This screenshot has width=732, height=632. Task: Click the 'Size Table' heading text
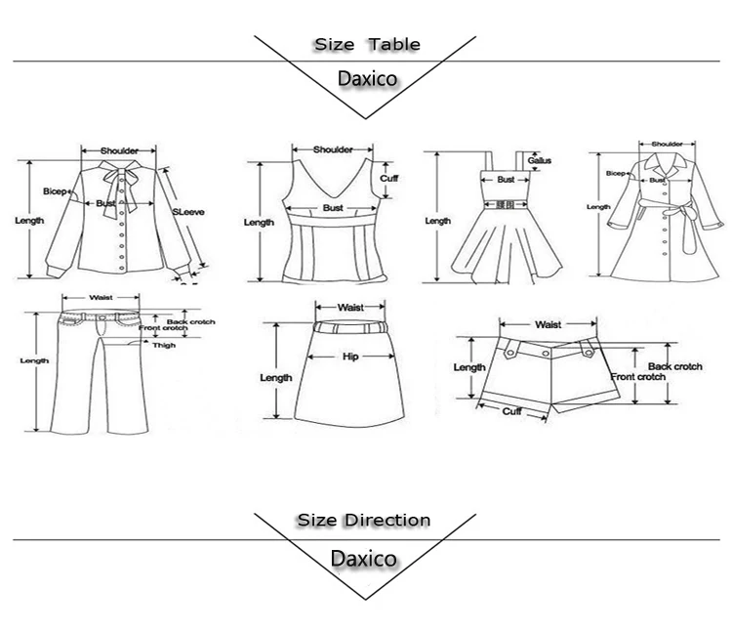(366, 45)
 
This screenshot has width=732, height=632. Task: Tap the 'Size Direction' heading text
(363, 521)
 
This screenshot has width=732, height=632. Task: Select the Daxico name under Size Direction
(363, 560)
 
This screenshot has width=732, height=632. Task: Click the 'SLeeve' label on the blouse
(186, 211)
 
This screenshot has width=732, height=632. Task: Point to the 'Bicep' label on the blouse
(55, 191)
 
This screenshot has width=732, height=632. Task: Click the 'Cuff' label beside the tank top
(389, 179)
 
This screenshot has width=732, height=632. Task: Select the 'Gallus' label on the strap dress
(540, 159)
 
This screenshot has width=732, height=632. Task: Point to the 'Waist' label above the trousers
(101, 298)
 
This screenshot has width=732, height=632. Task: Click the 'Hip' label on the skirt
(350, 358)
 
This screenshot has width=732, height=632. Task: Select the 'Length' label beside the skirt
(275, 378)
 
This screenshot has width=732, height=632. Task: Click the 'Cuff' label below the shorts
(512, 411)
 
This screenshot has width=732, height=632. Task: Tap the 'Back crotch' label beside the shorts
(675, 366)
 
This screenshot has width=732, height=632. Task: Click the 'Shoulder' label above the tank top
(333, 149)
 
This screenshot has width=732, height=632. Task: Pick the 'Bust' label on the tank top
(334, 208)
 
